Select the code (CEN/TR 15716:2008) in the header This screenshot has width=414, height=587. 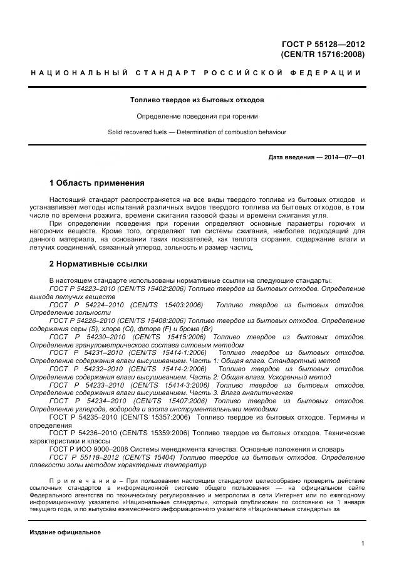pos(323,55)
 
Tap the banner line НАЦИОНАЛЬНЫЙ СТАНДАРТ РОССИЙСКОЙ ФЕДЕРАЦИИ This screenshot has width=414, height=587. pos(197,73)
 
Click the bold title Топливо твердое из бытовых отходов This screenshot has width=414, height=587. pos(197,100)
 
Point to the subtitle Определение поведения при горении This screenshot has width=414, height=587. pos(197,116)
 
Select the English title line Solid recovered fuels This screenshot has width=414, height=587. pos(197,132)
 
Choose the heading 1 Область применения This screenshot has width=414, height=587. pos(96,183)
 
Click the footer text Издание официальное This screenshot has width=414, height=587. pos(65,532)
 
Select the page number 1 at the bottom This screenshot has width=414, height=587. pos(363,543)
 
